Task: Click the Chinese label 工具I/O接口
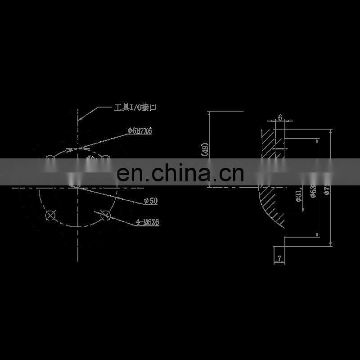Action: [x=135, y=108]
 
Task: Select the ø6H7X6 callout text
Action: [x=139, y=131]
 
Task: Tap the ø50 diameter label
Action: [x=151, y=201]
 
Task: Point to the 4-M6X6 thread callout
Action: [x=148, y=222]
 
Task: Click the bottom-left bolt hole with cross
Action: [x=50, y=216]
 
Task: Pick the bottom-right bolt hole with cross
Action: [x=106, y=215]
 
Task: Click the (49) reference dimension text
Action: [x=205, y=149]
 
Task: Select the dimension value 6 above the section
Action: [x=280, y=117]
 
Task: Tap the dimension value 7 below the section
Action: [x=279, y=258]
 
